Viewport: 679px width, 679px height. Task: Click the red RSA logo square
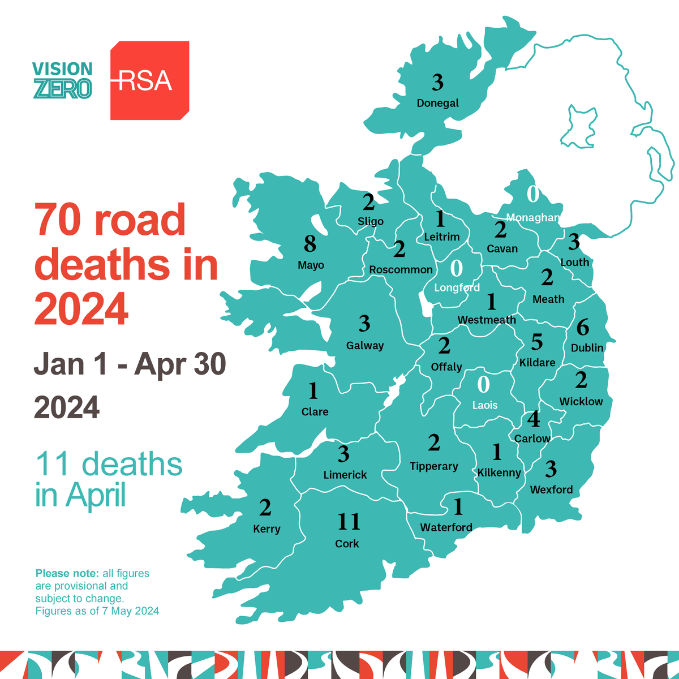(x=149, y=80)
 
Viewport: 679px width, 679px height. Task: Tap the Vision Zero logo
(x=62, y=80)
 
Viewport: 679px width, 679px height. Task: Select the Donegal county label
(x=437, y=103)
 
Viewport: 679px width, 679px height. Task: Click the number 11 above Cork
(x=349, y=522)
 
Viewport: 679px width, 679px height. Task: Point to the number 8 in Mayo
(x=310, y=244)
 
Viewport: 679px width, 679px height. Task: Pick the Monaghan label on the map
(x=532, y=218)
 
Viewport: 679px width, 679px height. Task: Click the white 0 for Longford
(x=456, y=268)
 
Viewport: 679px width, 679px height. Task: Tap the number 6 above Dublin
(x=582, y=328)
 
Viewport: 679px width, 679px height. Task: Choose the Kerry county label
(x=267, y=529)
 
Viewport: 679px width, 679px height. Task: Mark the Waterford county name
(x=446, y=527)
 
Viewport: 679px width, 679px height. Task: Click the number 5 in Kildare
(x=536, y=342)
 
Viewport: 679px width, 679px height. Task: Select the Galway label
(x=365, y=345)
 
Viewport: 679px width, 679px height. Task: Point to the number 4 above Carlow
(x=533, y=420)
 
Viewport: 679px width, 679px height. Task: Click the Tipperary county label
(x=434, y=466)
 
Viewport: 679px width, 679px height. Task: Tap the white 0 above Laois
(x=483, y=385)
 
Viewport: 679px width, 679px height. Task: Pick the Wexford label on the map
(x=551, y=489)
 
